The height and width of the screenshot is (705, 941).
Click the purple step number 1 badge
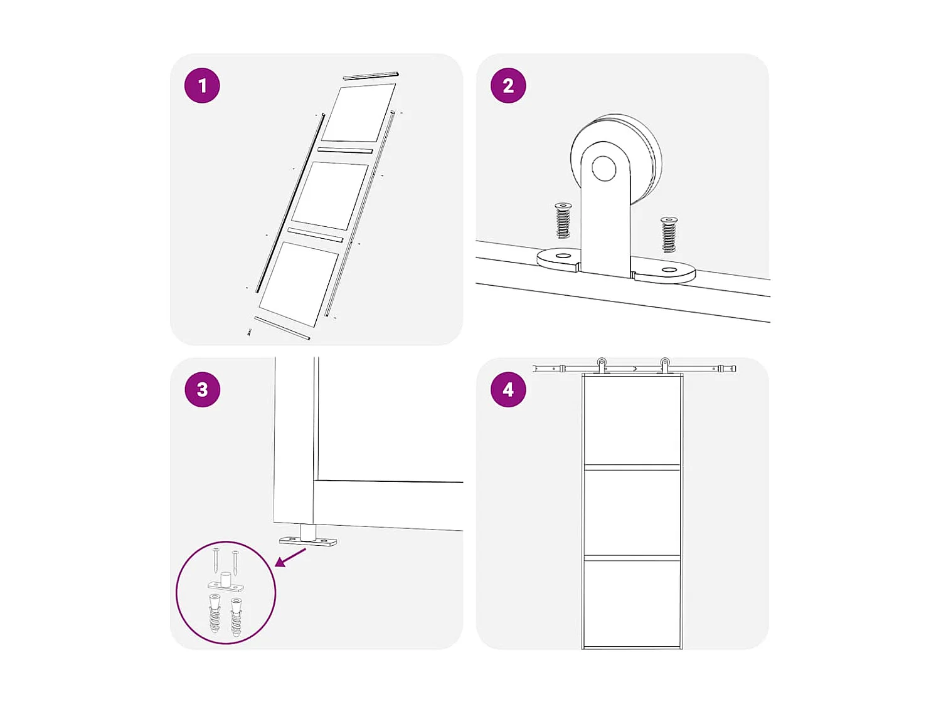tap(202, 86)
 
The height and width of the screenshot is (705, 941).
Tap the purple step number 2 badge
tap(508, 86)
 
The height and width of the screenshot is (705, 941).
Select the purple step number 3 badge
tap(203, 390)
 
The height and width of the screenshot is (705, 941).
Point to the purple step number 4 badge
tap(508, 390)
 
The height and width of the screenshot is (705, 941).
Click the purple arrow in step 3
tap(290, 558)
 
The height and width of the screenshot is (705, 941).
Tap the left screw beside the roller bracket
tap(563, 221)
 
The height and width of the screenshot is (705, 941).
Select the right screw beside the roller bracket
tap(668, 234)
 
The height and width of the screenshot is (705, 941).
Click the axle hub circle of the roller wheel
tap(603, 168)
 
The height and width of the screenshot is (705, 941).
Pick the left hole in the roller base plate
tap(563, 256)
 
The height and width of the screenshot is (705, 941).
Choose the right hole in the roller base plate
tap(668, 270)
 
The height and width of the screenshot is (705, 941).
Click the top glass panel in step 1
tap(359, 113)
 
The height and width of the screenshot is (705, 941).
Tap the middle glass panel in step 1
tap(330, 196)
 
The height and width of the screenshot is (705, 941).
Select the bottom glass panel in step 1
tap(299, 285)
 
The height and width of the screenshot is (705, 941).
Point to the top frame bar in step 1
tap(371, 76)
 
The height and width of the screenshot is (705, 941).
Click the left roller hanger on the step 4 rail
tap(602, 365)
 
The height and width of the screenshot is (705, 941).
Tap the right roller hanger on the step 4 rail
tap(664, 365)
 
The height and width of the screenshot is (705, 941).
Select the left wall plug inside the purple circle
tap(215, 613)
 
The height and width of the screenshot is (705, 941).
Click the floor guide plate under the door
tap(308, 542)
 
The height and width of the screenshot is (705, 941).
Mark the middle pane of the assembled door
tap(632, 513)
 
